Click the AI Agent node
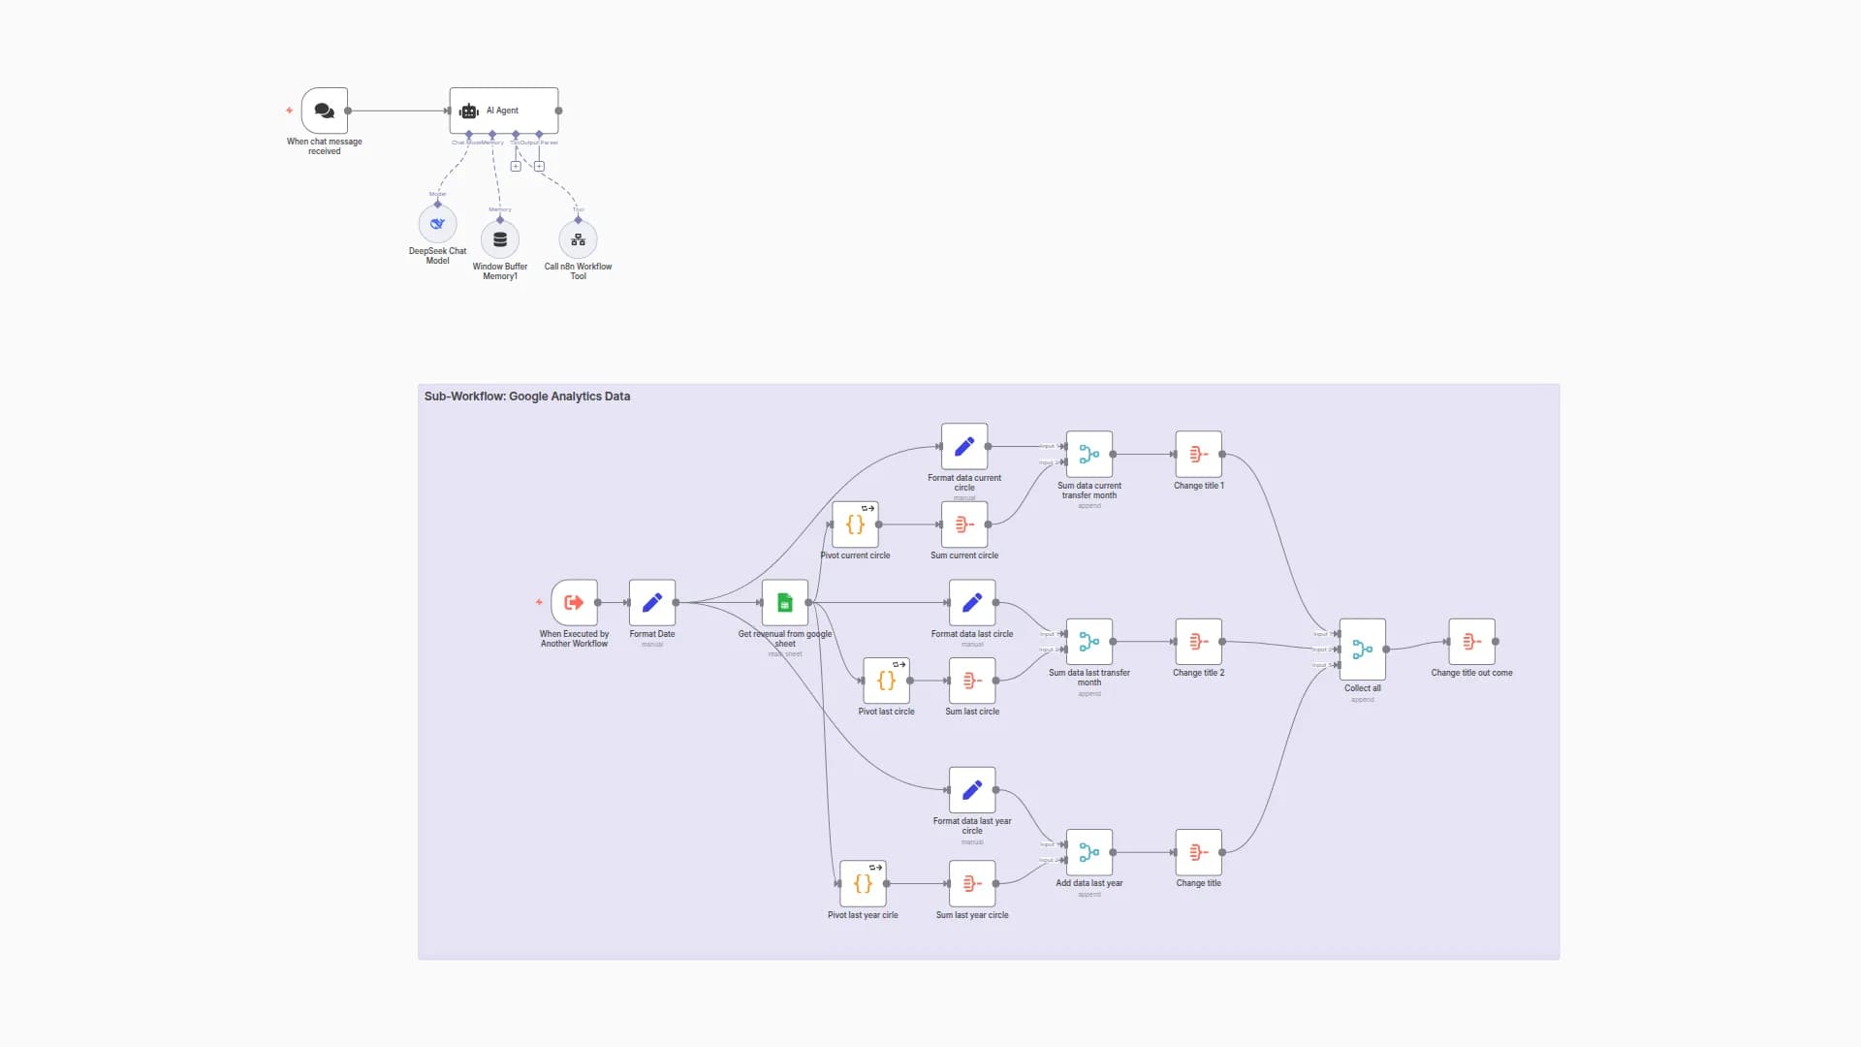coord(503,111)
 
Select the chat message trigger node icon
coord(324,111)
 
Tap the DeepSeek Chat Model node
coord(437,224)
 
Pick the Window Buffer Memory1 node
coord(500,239)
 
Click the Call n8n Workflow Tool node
coord(578,239)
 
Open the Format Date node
coord(652,603)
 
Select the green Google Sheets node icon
coord(785,603)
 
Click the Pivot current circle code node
coord(855,524)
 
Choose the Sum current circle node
coord(964,524)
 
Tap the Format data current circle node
coord(964,446)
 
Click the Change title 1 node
coord(1198,454)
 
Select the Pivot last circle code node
coord(886,681)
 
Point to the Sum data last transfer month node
coord(1089,642)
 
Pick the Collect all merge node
coord(1362,650)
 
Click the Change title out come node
coord(1471,642)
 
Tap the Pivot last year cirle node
coord(863,884)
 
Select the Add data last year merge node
coord(1089,853)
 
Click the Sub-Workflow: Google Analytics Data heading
coord(527,397)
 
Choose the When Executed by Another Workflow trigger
coord(574,603)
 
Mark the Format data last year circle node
coord(972,791)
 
